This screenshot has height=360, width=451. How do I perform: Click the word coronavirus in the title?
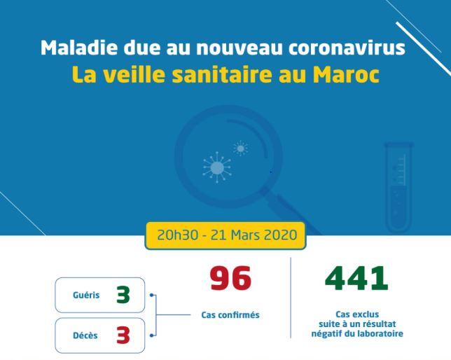point(347,48)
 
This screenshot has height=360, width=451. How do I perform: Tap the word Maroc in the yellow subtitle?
point(346,75)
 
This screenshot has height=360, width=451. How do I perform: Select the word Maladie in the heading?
point(79,48)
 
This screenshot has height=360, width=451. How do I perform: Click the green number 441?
point(356,278)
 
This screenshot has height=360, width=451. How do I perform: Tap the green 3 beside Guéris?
point(123,295)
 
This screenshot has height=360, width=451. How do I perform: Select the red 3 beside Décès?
point(123,335)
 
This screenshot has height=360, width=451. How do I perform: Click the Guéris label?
point(86,295)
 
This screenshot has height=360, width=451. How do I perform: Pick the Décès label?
point(85,335)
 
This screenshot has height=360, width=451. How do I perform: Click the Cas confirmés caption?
point(230,314)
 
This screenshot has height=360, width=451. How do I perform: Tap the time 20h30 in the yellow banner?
point(177,235)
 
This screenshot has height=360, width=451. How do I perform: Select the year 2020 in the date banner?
point(280,235)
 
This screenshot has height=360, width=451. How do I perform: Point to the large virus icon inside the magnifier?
point(217,168)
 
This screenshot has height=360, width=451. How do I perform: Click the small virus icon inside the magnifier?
point(240,148)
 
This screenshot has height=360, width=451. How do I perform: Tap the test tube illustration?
point(399,188)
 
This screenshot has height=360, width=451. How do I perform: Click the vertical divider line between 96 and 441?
point(291,298)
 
